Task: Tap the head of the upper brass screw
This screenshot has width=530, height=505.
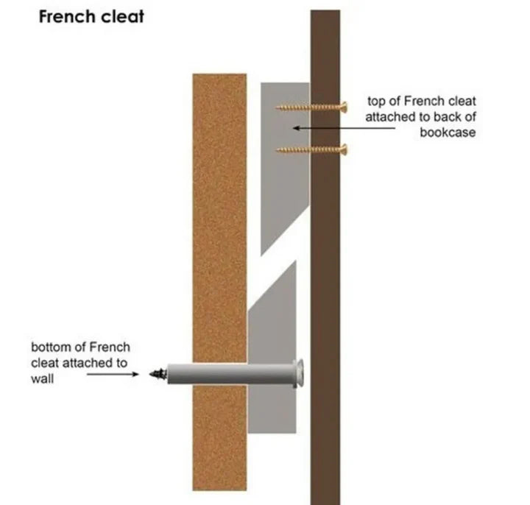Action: tap(344, 107)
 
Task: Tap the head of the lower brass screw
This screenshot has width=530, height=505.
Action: tap(344, 149)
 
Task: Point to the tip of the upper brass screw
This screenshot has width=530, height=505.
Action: tap(276, 107)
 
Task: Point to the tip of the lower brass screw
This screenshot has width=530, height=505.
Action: tap(277, 149)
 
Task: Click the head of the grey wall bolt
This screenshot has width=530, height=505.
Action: tap(299, 373)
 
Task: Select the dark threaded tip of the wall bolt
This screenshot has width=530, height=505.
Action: tap(158, 374)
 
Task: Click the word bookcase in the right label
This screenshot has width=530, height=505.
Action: tap(448, 133)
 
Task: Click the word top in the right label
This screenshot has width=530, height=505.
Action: tap(376, 102)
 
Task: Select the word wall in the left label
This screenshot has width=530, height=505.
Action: tap(42, 378)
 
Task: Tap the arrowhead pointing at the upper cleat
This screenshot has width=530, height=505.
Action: tap(295, 128)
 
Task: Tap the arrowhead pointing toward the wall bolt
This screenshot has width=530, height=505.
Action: tap(135, 374)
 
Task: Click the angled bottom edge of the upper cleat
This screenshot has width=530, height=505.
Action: tap(285, 231)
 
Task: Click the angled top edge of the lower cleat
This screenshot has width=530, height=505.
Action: tap(272, 286)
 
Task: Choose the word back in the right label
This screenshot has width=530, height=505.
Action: tap(446, 117)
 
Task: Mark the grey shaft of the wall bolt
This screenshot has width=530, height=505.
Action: tap(230, 374)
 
